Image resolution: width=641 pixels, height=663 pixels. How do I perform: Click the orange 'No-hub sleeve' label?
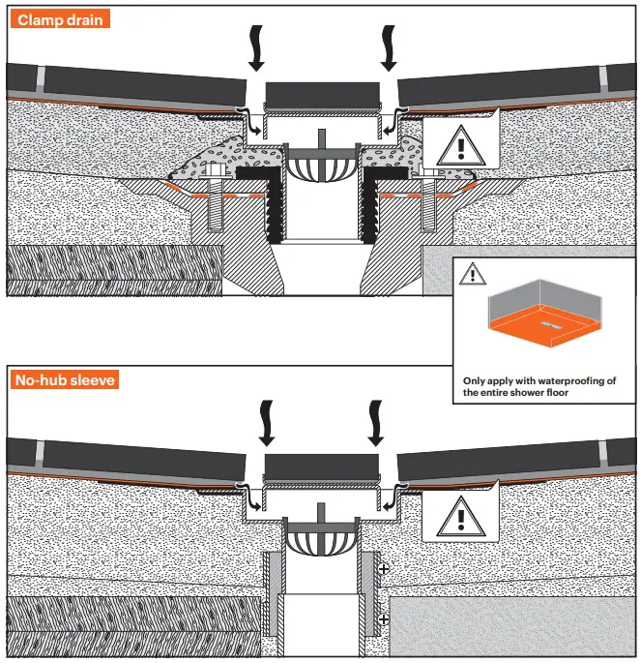pyautogui.click(x=66, y=379)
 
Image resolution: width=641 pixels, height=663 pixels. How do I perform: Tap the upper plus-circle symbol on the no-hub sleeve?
pyautogui.click(x=384, y=570)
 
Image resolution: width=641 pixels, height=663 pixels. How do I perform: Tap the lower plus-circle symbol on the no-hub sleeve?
pyautogui.click(x=384, y=618)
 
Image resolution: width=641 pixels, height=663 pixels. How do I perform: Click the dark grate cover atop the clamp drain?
pyautogui.click(x=322, y=95)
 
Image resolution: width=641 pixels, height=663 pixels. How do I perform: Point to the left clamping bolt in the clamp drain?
pyautogui.click(x=212, y=205)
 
